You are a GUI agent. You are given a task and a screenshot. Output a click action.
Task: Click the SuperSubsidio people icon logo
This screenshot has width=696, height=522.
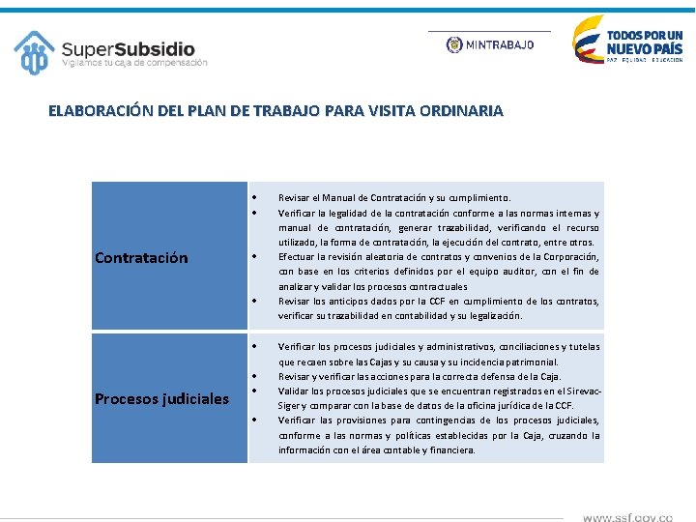point(35,52)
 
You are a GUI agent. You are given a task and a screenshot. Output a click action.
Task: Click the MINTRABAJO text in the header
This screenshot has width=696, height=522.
point(499,44)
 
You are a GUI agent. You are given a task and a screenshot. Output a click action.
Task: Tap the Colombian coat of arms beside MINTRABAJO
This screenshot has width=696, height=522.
point(454,44)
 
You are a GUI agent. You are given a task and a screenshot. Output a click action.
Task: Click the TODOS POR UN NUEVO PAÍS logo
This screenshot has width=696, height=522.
point(627,40)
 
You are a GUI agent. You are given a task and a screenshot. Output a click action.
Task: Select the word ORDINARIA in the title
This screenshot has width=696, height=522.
point(458,111)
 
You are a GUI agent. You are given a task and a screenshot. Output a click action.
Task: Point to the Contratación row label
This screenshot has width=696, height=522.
point(141,258)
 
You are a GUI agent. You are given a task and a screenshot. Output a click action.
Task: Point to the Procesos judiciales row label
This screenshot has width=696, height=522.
point(161,398)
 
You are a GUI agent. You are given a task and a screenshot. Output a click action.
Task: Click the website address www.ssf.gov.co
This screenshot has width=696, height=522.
point(627,517)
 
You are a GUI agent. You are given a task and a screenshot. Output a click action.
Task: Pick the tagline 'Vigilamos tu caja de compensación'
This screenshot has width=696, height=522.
point(134,64)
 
